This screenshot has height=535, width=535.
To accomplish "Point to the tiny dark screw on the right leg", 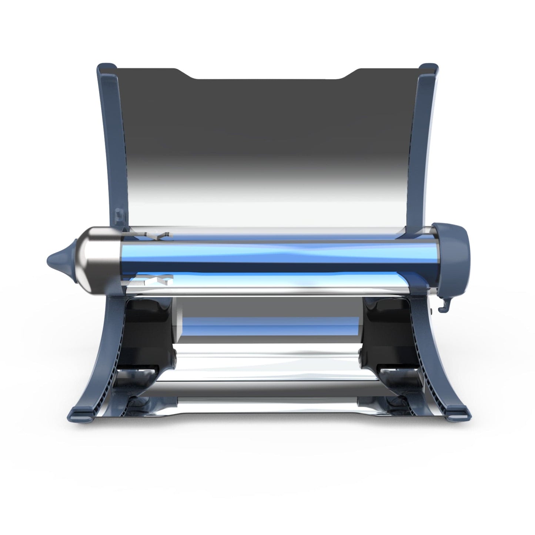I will coord(432,307).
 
